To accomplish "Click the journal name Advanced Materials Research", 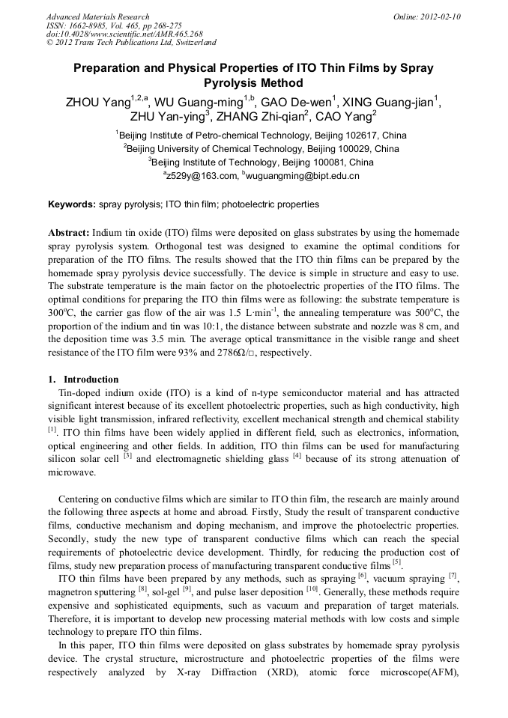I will tap(97, 16).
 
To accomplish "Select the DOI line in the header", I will tap(124, 34).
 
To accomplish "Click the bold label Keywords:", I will tap(72, 204).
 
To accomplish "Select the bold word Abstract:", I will tap(69, 233).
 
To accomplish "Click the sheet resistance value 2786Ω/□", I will tap(280, 353).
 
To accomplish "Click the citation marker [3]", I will tap(128, 456).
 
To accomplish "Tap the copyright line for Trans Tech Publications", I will tap(131, 43).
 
